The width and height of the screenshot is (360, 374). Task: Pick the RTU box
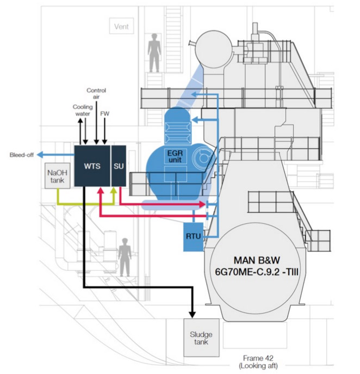click(x=193, y=237)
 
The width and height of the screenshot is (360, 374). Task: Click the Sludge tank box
click(x=201, y=338)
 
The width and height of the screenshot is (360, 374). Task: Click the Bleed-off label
click(x=22, y=155)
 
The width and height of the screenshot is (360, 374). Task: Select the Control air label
click(x=96, y=93)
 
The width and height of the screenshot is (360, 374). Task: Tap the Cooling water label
click(x=82, y=111)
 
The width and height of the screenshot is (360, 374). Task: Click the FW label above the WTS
click(x=104, y=114)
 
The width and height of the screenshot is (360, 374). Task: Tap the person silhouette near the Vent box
click(x=155, y=52)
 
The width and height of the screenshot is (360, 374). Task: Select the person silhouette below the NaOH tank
click(x=125, y=256)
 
